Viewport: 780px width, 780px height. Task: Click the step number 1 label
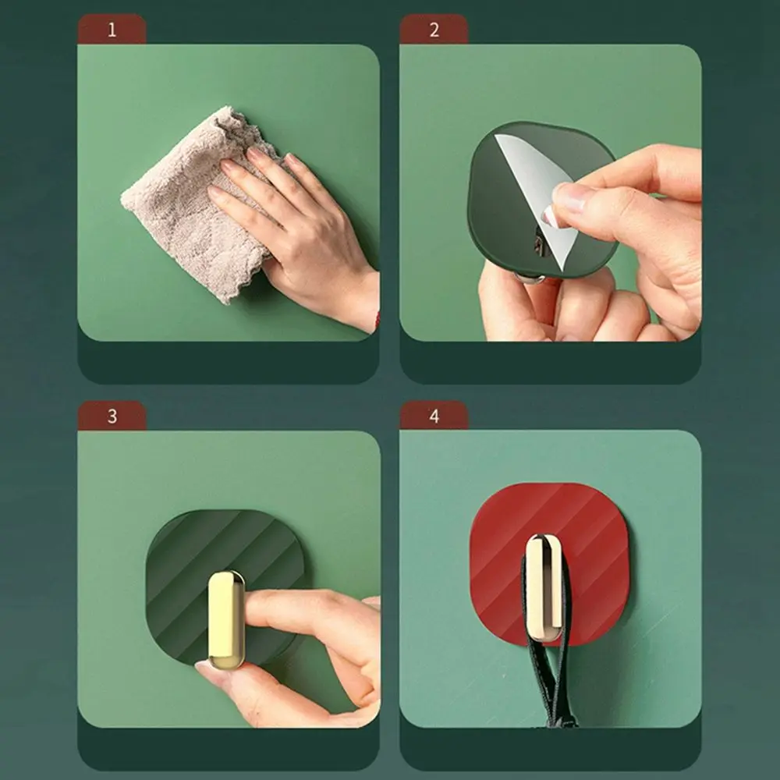tap(112, 30)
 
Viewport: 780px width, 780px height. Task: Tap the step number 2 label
tap(434, 30)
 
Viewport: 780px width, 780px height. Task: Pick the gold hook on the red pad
tap(543, 585)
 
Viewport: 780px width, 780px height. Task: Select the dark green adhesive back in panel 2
tap(499, 203)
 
